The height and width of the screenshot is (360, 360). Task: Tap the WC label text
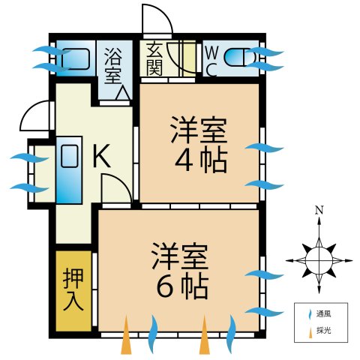pos(211,61)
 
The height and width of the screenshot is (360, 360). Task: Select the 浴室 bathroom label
pos(113,64)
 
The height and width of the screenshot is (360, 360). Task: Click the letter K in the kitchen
pos(102,157)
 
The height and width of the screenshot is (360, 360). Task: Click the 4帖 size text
pos(201,160)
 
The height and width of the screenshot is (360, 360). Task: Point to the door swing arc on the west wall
pos(36,116)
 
